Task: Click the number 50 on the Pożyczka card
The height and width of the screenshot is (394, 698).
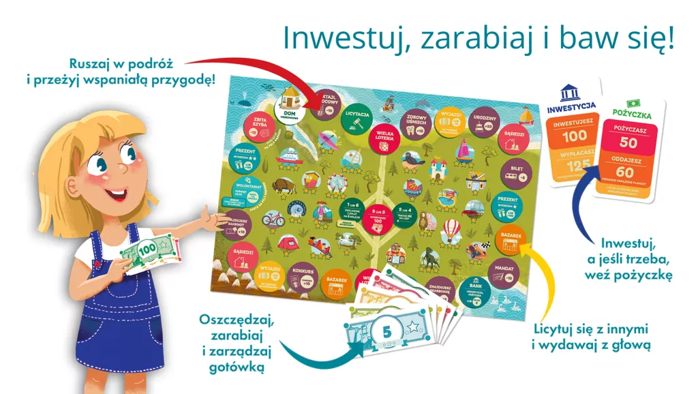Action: pos(628,143)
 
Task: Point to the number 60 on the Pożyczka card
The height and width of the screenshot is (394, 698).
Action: pos(627,172)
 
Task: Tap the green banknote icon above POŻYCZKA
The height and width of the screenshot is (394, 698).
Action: pos(630,104)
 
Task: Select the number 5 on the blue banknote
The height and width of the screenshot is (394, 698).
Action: pos(386,332)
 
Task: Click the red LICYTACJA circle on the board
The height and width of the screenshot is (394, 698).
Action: pos(358,114)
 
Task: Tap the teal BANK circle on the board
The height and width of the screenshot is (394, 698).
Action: pos(475,290)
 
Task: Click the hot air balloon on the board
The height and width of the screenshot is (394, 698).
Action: pos(451,230)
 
